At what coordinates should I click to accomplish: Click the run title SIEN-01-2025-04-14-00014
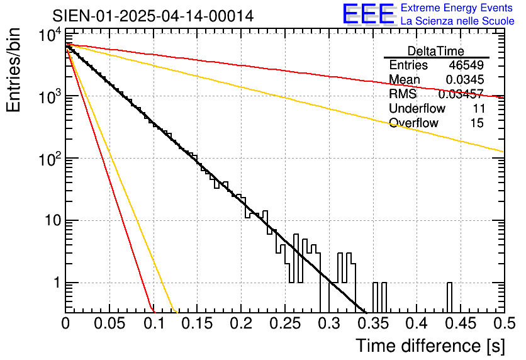pyautogui.click(x=153, y=16)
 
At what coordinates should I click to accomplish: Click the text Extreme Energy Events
pyautogui.click(x=457, y=8)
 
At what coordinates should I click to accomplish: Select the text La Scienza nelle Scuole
pyautogui.click(x=457, y=21)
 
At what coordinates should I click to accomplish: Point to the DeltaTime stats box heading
pyautogui.click(x=436, y=51)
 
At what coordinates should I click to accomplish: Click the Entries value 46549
pyautogui.click(x=466, y=65)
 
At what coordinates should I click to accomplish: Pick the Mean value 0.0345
pyautogui.click(x=464, y=80)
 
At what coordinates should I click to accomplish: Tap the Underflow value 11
pyautogui.click(x=478, y=109)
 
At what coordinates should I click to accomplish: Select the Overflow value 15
pyautogui.click(x=477, y=123)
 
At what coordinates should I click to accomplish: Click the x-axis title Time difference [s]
pyautogui.click(x=429, y=346)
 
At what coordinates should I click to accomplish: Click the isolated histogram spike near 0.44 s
pyautogui.click(x=450, y=296)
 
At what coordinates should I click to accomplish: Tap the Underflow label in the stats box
pyautogui.click(x=417, y=109)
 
